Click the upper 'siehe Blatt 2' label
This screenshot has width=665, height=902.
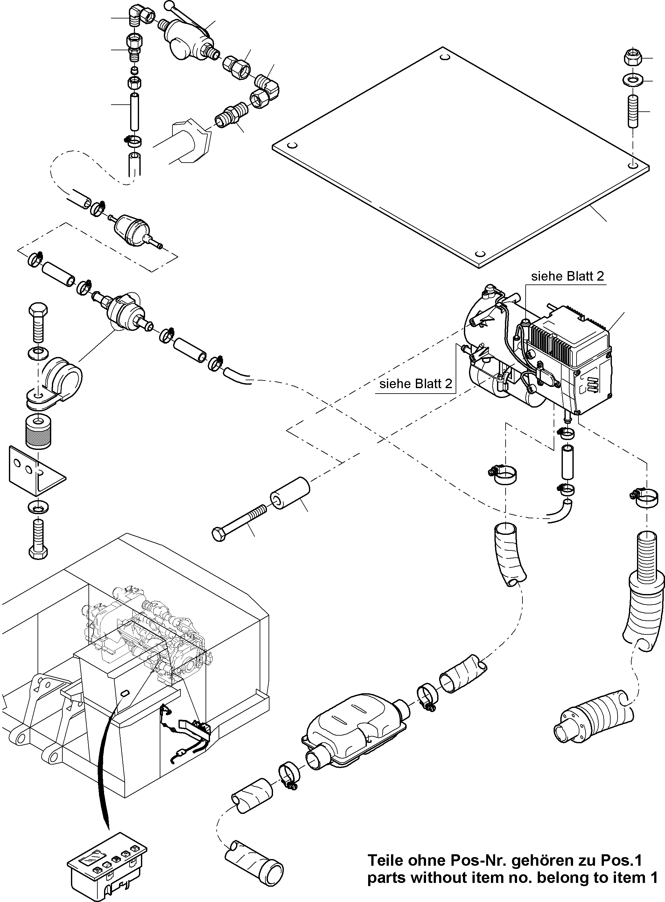pyautogui.click(x=567, y=276)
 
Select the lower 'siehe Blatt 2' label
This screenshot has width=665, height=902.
pyautogui.click(x=416, y=384)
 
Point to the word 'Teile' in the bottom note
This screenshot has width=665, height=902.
pyautogui.click(x=386, y=861)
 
